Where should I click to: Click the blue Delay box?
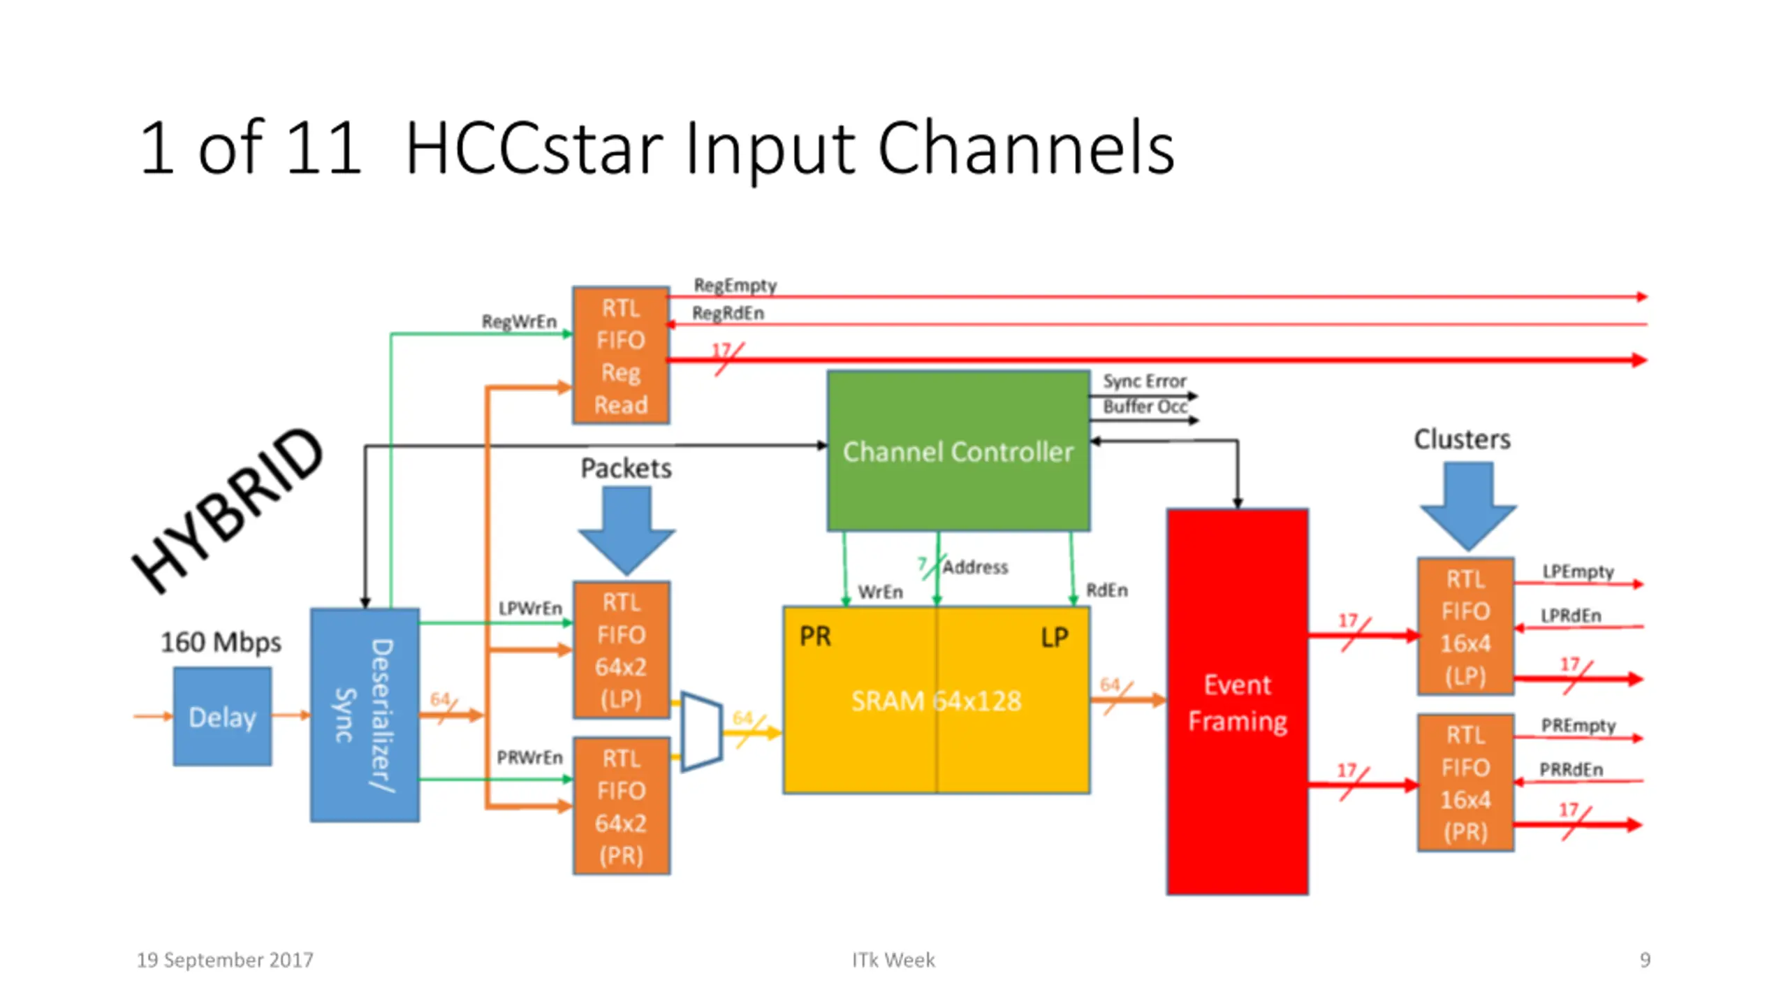click(222, 716)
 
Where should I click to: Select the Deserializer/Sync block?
click(365, 715)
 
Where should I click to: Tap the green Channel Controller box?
click(958, 451)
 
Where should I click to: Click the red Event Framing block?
click(1237, 701)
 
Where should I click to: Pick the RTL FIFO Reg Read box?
click(621, 356)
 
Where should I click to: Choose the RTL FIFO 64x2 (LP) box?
click(621, 650)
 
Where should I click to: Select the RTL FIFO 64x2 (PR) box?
click(621, 806)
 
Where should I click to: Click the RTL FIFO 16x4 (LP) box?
click(1465, 627)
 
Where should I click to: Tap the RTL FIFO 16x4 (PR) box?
click(1465, 782)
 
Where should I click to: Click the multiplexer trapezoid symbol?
click(701, 731)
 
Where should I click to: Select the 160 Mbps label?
click(221, 642)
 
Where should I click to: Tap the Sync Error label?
click(1144, 381)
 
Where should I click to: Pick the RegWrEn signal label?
click(519, 321)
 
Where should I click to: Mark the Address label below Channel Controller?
click(975, 567)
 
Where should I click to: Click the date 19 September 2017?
click(225, 960)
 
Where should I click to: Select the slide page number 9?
click(1645, 960)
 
